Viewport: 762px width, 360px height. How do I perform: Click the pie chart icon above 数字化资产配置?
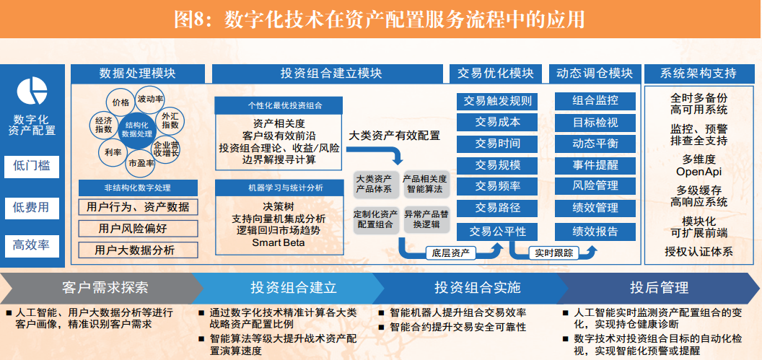click(x=32, y=91)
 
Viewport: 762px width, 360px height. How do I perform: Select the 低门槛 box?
click(x=32, y=166)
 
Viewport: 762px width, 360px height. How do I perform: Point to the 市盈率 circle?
click(x=141, y=164)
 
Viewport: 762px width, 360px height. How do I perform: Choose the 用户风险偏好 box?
click(x=139, y=229)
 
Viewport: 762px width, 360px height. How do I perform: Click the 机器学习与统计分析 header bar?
click(x=279, y=188)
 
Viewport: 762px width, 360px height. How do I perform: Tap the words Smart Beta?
click(x=279, y=242)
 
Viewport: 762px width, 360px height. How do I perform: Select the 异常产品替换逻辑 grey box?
click(x=426, y=220)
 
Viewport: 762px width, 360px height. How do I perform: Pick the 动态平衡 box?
click(x=595, y=144)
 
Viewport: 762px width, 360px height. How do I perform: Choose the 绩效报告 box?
click(x=595, y=232)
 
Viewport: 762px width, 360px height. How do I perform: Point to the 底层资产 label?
click(x=450, y=253)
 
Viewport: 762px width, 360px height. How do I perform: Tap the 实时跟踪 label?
click(x=553, y=253)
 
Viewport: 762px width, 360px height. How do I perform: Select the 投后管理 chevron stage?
click(x=659, y=288)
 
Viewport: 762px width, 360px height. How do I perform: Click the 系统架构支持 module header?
click(x=698, y=74)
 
